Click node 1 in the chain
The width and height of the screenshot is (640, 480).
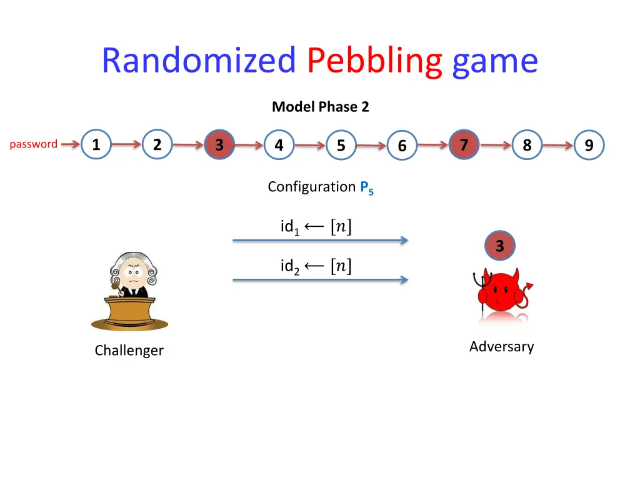click(x=96, y=145)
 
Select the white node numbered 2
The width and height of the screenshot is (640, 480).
click(x=157, y=145)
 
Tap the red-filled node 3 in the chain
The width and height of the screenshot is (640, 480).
click(x=219, y=145)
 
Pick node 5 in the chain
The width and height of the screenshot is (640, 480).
click(x=341, y=146)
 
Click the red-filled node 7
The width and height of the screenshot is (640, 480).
click(x=464, y=145)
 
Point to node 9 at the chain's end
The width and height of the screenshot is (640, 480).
click(x=589, y=146)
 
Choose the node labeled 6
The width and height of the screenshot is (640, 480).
click(x=402, y=146)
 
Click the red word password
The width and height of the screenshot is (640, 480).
click(x=34, y=144)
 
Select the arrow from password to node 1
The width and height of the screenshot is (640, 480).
click(x=70, y=144)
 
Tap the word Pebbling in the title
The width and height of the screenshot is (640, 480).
click(x=374, y=61)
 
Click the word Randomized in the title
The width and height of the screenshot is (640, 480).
click(x=198, y=61)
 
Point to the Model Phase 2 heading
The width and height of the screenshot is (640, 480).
click(x=320, y=107)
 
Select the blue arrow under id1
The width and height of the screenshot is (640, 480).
click(x=320, y=240)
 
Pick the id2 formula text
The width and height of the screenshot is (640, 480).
click(x=316, y=267)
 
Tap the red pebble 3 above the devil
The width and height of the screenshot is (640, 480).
click(x=499, y=246)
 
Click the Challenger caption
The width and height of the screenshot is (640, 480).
click(x=129, y=351)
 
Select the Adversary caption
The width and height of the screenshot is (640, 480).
click(x=501, y=346)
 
